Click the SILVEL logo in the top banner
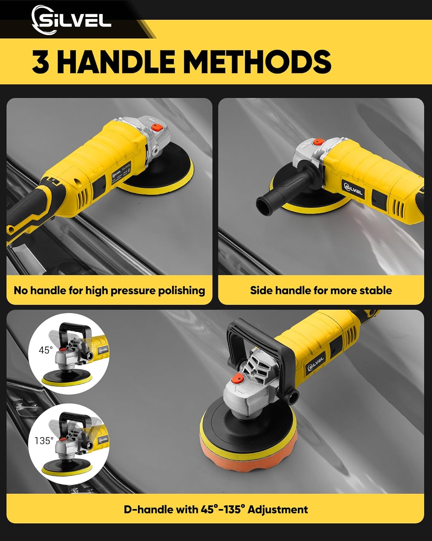tap(71, 21)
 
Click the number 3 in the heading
tap(40, 62)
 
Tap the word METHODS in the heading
tap(257, 62)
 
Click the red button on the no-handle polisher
tap(156, 127)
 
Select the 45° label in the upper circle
tap(46, 350)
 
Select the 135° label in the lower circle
tap(44, 441)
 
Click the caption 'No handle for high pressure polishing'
tap(109, 291)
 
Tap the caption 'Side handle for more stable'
tap(321, 291)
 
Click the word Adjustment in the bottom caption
tap(278, 510)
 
